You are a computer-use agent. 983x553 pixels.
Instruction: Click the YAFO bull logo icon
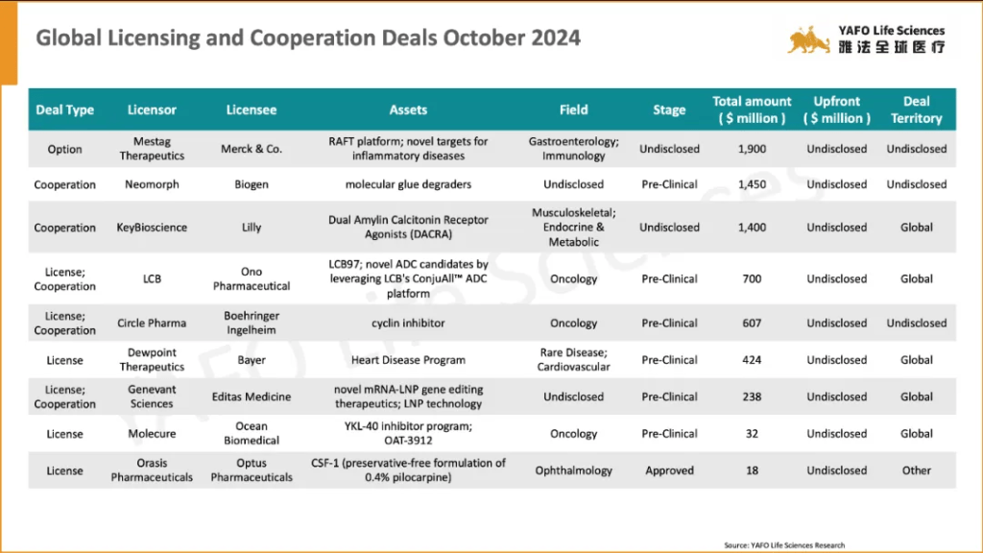coord(809,39)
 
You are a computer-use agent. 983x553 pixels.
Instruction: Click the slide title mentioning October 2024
coord(307,38)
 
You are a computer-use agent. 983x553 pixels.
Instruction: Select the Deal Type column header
coord(65,109)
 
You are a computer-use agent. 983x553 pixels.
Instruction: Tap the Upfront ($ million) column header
coord(836,109)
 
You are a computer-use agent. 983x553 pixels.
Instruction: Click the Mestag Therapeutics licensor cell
coord(152,149)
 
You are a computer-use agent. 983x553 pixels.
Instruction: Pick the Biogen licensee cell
coord(252,184)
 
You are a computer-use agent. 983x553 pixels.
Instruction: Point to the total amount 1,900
coord(752,149)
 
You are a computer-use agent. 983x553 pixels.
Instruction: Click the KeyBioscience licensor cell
coord(152,228)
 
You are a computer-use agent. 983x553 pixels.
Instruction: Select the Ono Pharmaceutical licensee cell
coord(252,278)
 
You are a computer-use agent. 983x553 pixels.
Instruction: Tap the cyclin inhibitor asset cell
coord(408,324)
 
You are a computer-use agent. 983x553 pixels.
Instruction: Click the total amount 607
coord(752,324)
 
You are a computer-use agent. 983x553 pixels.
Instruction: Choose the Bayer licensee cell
coord(252,360)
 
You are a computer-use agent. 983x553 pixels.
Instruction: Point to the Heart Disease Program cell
coord(408,360)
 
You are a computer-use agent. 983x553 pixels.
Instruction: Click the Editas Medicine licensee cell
coord(252,397)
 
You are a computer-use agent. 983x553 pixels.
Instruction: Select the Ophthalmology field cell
coord(574,470)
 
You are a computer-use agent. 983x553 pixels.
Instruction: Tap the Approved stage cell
coord(669,470)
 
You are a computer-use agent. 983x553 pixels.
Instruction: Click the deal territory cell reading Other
coord(917,470)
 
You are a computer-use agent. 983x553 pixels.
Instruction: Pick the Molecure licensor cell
coord(152,434)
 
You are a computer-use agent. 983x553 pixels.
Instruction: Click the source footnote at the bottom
coord(784,545)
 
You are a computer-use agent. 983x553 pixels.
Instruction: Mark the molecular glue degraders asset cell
coord(408,184)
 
